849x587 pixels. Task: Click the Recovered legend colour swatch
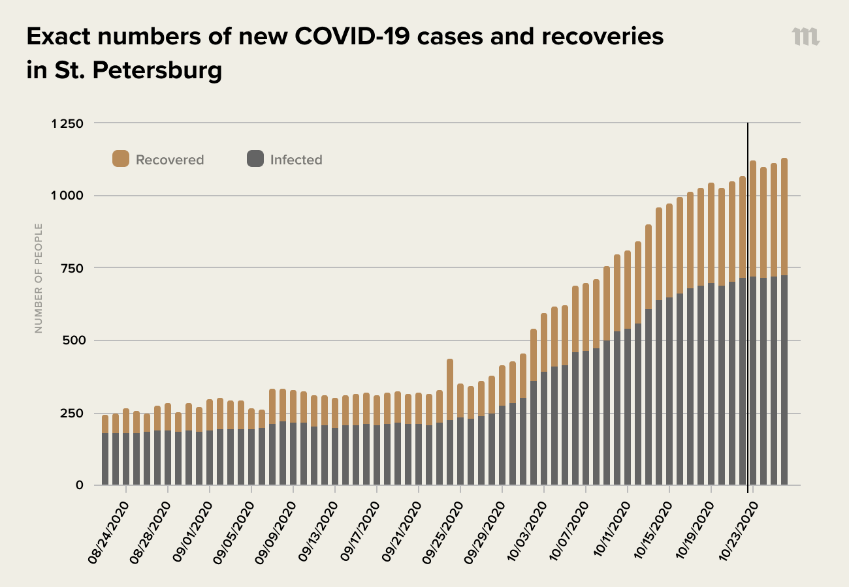click(x=121, y=158)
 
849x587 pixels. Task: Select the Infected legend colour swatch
click(x=255, y=158)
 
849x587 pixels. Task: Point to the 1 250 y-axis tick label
click(x=67, y=123)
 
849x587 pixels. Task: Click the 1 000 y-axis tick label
click(x=67, y=196)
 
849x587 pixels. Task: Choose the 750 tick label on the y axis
click(x=71, y=268)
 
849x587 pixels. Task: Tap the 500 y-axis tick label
click(x=71, y=340)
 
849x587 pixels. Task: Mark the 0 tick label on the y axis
click(x=80, y=485)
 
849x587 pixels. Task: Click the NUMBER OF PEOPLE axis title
click(x=39, y=278)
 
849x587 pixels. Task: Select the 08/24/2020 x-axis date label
click(x=108, y=532)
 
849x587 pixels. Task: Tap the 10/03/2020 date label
click(x=526, y=532)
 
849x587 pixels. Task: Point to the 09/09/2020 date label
click(x=276, y=532)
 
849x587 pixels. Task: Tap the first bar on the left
click(x=105, y=450)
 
